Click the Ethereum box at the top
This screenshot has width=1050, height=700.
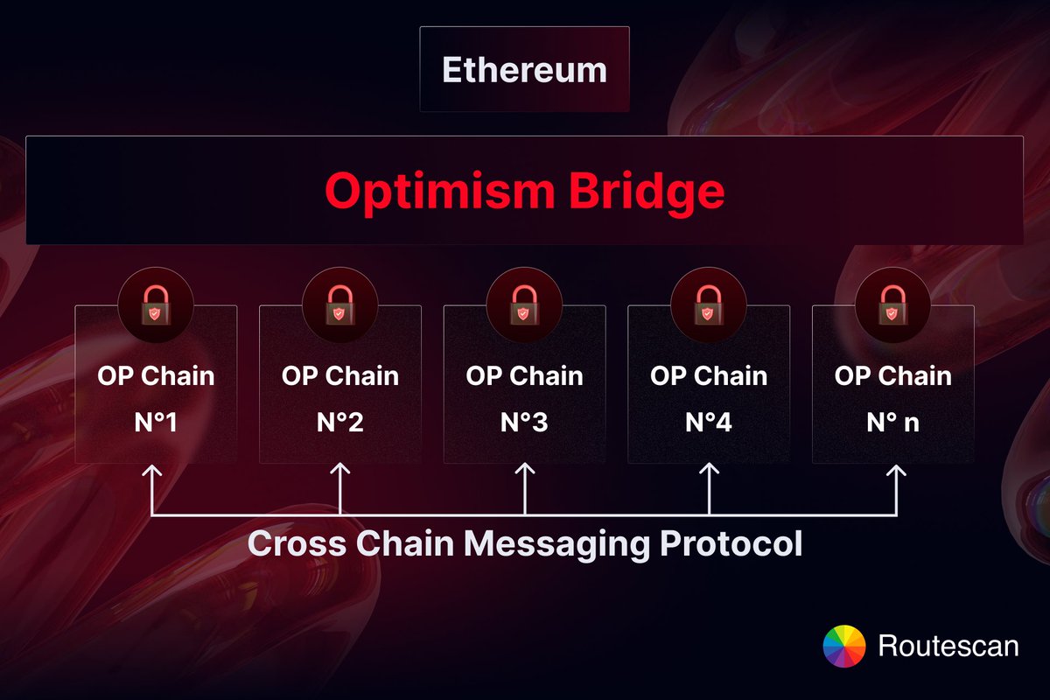pos(524,69)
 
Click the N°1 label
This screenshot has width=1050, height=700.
pos(156,423)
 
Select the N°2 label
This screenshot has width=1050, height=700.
pos(339,423)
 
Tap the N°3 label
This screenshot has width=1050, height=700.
pos(524,423)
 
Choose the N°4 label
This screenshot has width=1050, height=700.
pos(709,423)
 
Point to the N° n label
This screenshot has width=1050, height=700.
pos(892,423)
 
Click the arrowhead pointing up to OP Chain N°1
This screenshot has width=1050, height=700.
pos(153,471)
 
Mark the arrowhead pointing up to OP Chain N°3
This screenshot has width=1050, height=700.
pos(524,471)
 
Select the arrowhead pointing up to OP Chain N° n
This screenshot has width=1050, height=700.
pos(896,471)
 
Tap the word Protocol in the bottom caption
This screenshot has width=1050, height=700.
pos(731,543)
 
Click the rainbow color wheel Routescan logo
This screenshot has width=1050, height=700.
pos(844,647)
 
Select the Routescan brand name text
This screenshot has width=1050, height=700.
pos(948,647)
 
